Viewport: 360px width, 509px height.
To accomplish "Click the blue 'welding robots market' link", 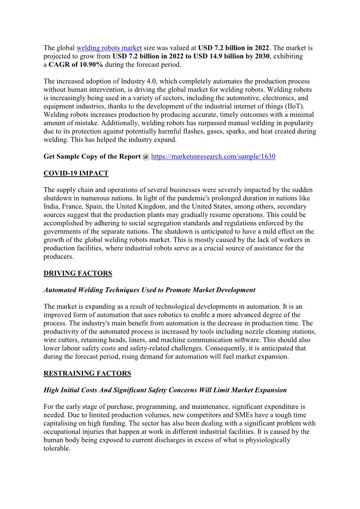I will click(109, 48).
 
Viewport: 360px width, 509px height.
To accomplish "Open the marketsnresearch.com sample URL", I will click(213, 156).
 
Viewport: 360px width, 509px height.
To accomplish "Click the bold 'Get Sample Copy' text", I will click(72, 156).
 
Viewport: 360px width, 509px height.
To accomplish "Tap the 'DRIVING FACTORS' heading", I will click(78, 273).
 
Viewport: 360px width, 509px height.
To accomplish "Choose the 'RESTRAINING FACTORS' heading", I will click(87, 373).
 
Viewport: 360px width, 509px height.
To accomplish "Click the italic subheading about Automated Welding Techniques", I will click(149, 290).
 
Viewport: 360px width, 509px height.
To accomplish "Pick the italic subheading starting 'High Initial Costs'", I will click(165, 390).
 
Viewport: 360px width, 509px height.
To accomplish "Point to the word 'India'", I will click(52, 207).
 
